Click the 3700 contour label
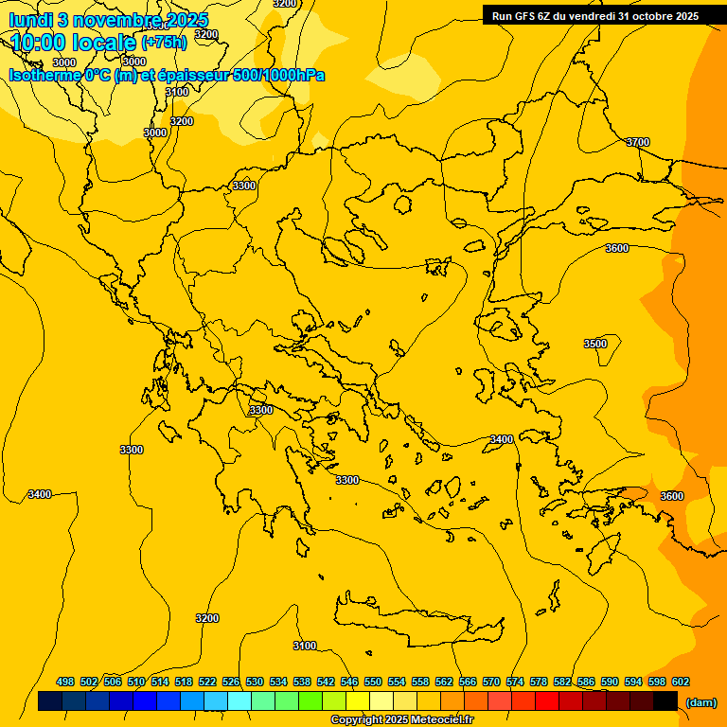(638, 142)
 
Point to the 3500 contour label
(595, 344)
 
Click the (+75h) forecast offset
(164, 43)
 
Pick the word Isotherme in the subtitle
(44, 75)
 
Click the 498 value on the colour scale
(65, 682)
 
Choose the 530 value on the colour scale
(255, 682)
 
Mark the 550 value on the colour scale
(373, 682)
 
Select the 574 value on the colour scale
(515, 682)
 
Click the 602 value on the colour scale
(681, 682)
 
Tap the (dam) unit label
(700, 702)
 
